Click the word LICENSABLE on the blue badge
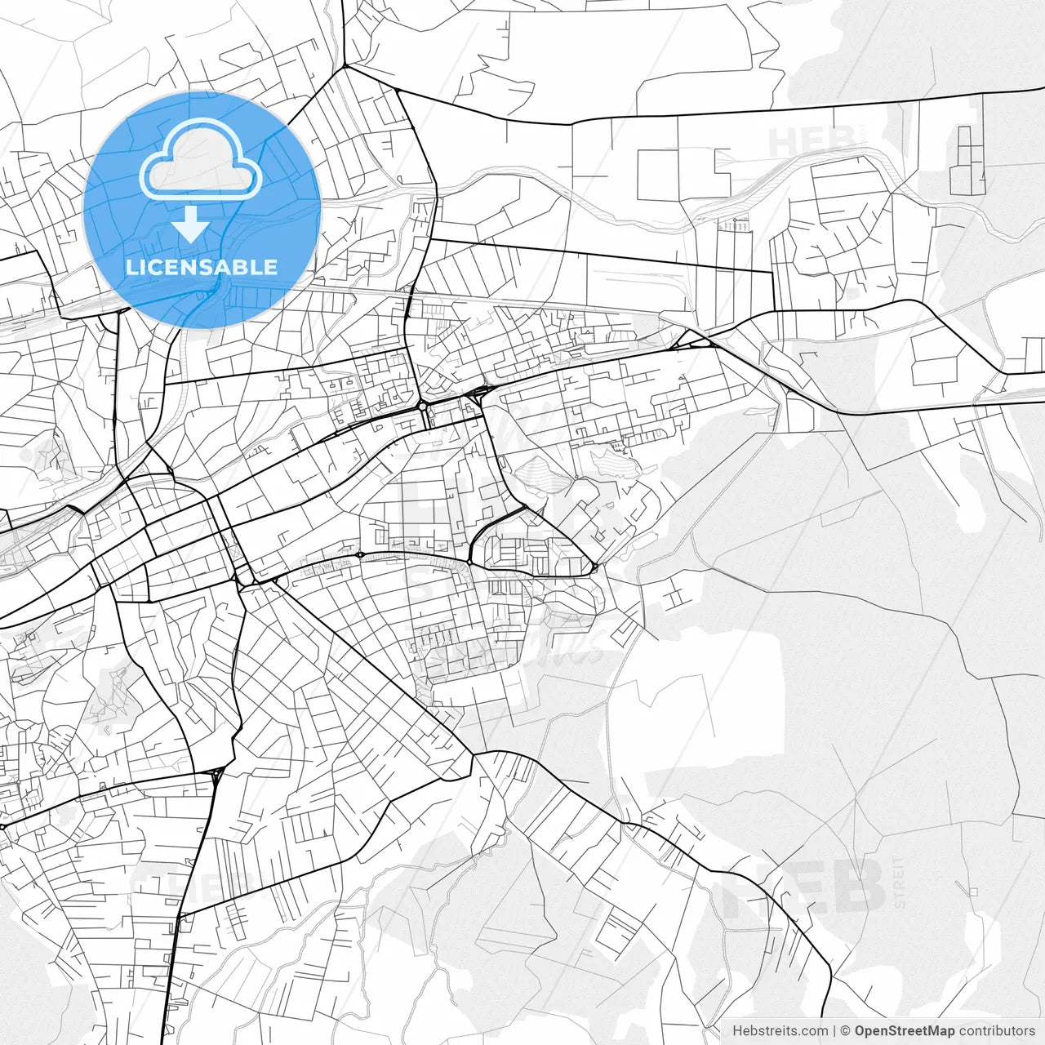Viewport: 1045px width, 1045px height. pos(202,267)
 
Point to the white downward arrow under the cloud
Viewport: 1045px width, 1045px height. pos(191,224)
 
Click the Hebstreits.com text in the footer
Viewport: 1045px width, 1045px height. pos(780,1031)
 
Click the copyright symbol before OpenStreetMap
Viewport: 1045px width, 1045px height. pos(846,1031)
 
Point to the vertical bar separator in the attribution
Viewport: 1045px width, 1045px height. pos(834,1031)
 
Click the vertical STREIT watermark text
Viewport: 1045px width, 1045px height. pos(900,882)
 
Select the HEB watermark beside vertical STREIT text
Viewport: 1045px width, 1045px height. pos(804,886)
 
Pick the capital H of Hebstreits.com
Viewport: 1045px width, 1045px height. pos(737,1031)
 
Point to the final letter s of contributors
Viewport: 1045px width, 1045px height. pos(1032,1031)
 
